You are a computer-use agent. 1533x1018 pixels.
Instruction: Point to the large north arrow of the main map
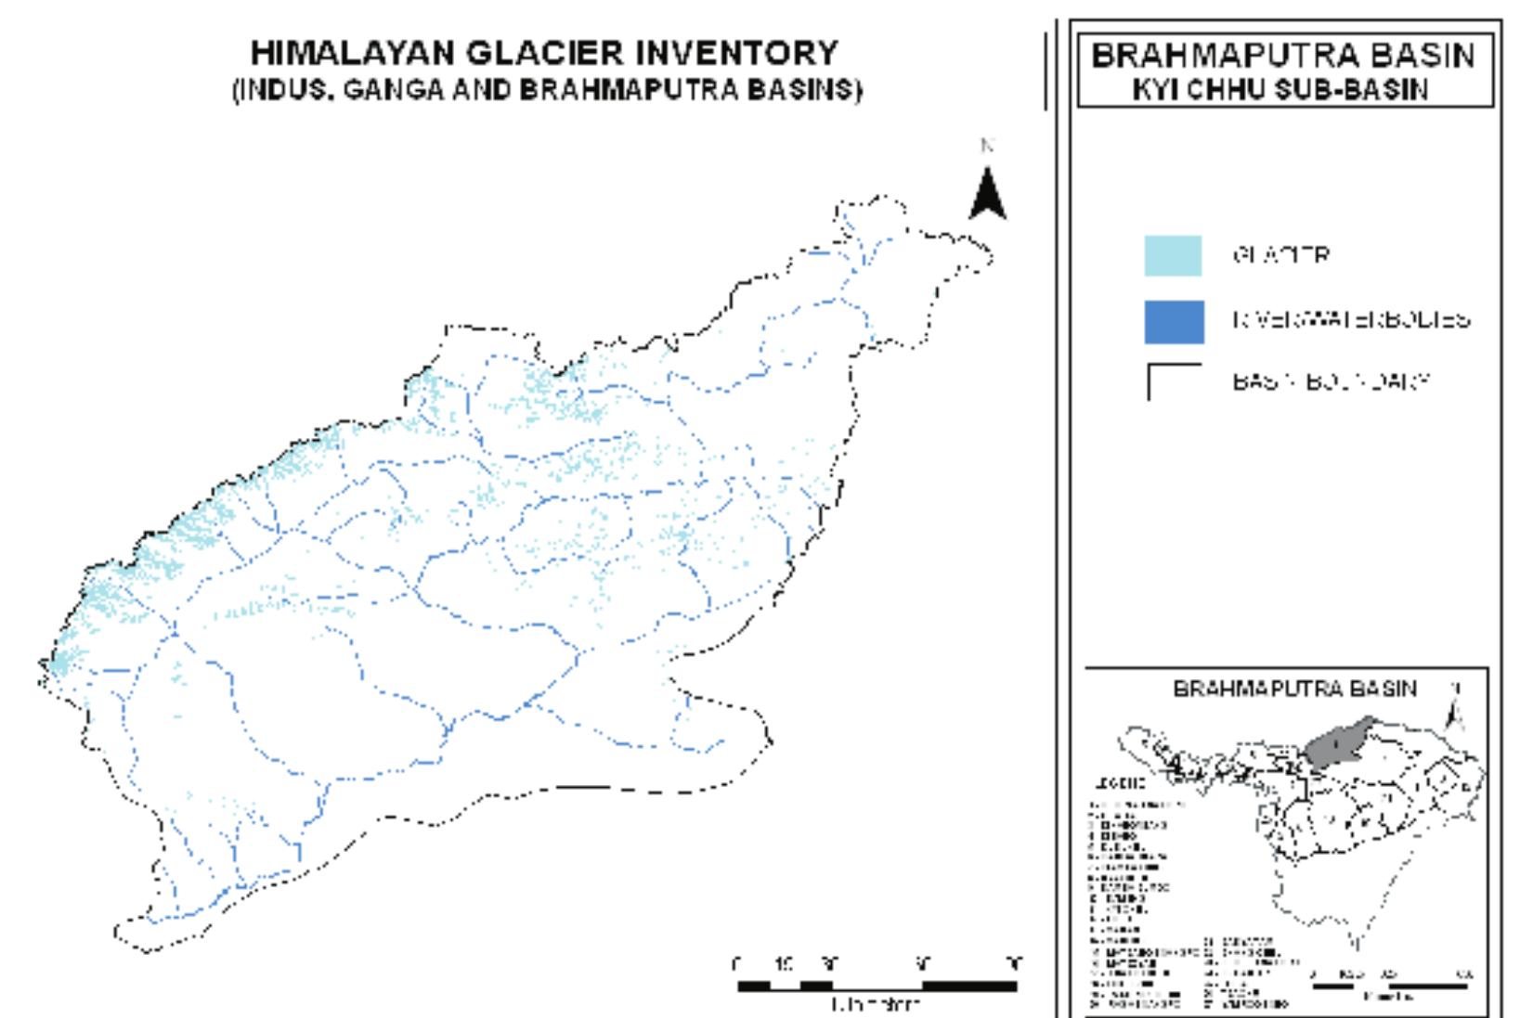pos(987,192)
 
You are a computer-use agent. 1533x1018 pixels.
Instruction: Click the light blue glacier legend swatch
pos(1173,256)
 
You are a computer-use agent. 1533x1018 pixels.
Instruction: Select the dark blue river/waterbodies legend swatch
pos(1174,322)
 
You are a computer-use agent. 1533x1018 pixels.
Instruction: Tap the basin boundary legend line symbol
pos(1174,381)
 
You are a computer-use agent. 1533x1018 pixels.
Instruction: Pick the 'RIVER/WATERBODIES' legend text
pos(1351,320)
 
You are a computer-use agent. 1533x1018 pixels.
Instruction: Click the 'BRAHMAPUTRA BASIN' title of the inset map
pos(1295,689)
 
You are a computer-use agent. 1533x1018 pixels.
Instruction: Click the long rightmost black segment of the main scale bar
pos(969,986)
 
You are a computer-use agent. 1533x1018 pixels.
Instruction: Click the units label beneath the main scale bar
pos(875,1003)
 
